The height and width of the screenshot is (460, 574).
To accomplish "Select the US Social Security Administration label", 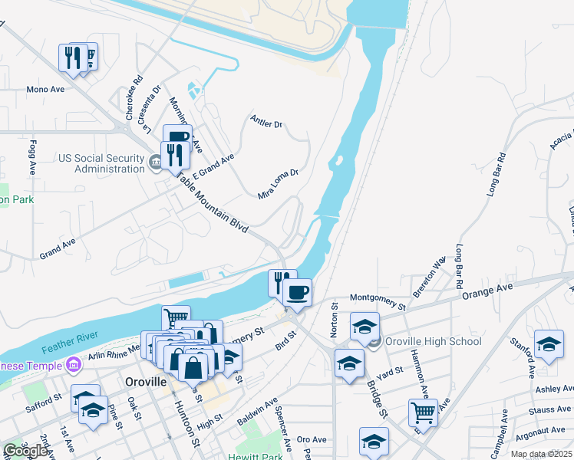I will [101, 163].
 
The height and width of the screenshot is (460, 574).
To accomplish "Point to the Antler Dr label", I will [267, 121].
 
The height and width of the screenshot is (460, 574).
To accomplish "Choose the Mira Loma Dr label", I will [277, 184].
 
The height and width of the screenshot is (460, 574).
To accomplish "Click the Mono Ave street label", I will [45, 90].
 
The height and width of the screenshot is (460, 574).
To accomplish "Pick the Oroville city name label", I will [146, 381].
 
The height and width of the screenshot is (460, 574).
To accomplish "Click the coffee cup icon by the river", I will [297, 291].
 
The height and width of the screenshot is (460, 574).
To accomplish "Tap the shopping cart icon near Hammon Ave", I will [423, 412].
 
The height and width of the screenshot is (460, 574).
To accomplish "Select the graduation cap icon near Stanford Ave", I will [549, 344].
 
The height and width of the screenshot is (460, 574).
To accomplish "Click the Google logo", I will [26, 451].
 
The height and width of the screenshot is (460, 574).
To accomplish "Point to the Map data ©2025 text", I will [542, 454].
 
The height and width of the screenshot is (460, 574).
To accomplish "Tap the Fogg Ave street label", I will [33, 156].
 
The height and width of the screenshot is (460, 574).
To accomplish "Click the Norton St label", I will [335, 316].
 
